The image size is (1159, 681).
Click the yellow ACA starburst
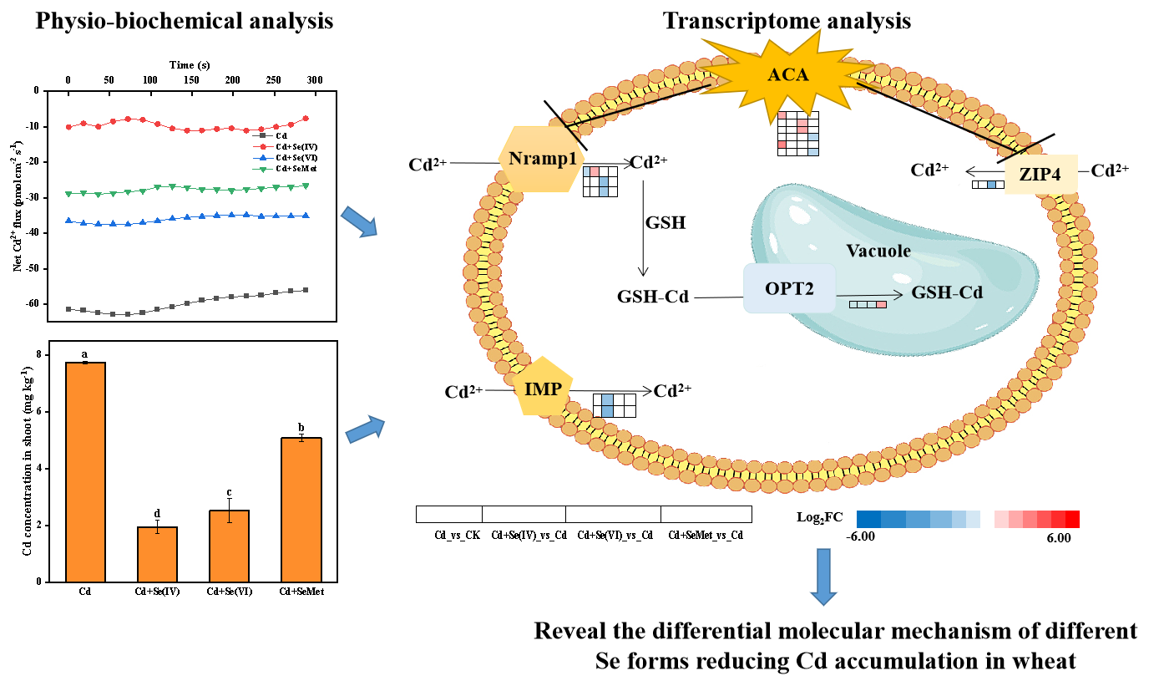(787, 75)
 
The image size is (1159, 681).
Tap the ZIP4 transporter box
(1040, 174)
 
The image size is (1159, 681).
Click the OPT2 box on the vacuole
(789, 288)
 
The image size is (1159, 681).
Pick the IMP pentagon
(544, 388)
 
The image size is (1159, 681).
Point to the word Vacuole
(878, 251)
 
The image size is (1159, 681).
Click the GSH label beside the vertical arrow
(666, 223)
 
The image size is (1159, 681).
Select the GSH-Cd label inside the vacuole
(946, 292)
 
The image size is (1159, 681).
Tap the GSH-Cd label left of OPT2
(653, 297)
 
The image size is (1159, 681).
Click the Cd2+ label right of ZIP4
(1110, 170)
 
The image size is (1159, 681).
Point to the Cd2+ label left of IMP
(463, 392)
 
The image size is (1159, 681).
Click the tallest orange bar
(85, 472)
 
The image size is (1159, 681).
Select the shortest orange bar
(157, 554)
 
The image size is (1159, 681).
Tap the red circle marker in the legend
(263, 146)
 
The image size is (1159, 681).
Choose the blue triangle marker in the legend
(263, 158)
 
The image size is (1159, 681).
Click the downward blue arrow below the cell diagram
(823, 576)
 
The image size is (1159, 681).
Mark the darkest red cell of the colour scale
(1072, 520)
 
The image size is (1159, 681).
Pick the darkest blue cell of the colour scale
(868, 520)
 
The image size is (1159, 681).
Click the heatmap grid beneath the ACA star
(797, 134)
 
